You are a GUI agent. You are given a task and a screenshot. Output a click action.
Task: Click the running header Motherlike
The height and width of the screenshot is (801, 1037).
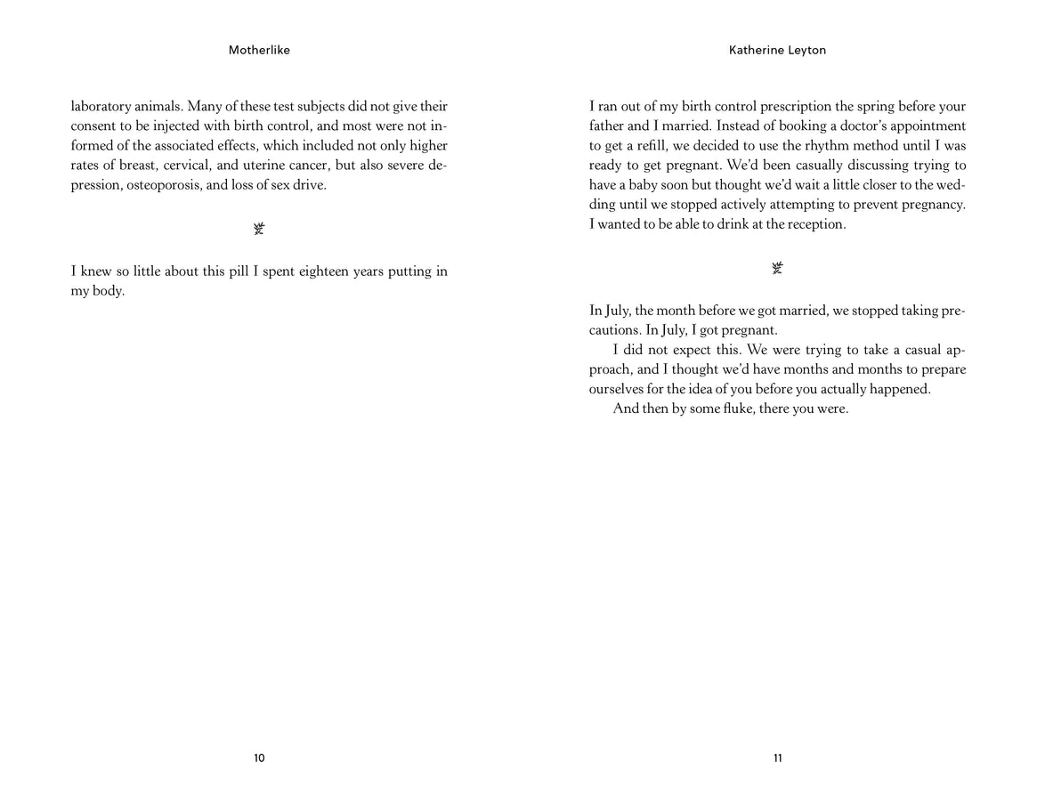point(259,51)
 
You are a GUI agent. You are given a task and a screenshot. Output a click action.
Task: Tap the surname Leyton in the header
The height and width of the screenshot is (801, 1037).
point(805,51)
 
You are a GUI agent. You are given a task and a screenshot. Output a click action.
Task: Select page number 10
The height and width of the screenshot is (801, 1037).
point(259,758)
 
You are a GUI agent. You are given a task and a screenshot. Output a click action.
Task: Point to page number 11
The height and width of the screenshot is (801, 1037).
point(778,758)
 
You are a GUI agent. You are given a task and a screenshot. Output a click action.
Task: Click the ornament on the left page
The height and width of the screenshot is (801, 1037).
point(259,230)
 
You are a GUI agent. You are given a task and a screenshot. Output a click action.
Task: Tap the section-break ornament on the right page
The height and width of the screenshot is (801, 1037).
point(778,268)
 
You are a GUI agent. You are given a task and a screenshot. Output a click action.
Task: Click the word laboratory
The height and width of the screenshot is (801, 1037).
point(101,107)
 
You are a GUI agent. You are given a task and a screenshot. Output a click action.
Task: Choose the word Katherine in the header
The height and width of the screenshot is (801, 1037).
point(755,51)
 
